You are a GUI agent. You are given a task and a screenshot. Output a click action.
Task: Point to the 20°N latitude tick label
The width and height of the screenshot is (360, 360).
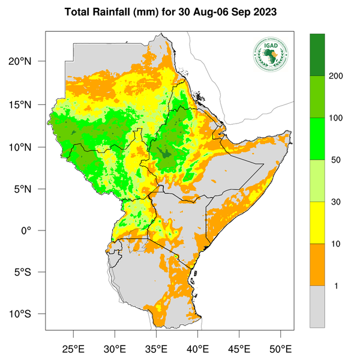pos(28,61)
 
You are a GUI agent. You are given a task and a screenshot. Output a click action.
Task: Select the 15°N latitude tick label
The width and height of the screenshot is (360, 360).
pos(28,104)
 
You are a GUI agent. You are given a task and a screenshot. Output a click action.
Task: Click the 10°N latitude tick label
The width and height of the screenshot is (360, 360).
pos(28,147)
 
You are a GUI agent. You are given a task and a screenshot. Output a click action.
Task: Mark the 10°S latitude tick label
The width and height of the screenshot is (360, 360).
pos(28,314)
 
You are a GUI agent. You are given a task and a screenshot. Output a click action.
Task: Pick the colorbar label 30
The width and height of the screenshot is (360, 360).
pos(339,202)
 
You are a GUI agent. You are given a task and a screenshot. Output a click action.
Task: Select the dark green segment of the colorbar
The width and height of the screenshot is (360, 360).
pos(317,55)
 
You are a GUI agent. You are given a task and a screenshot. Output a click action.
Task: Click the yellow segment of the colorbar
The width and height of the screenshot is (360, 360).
pos(317,223)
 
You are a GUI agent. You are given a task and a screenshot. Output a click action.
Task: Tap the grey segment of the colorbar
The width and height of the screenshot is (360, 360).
pos(317,307)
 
